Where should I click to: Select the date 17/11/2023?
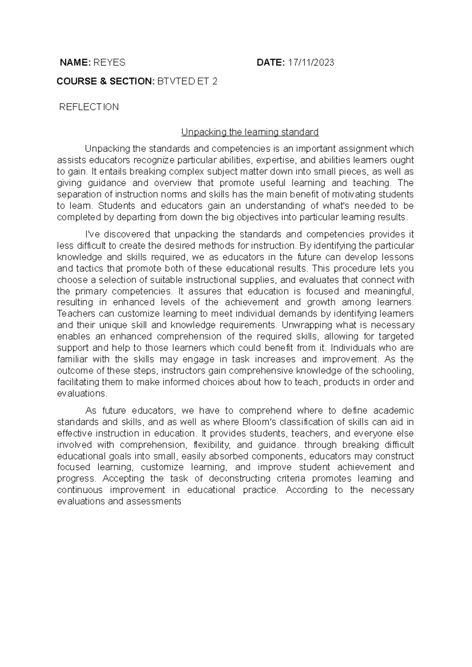pyautogui.click(x=311, y=63)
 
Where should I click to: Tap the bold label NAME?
pyautogui.click(x=75, y=63)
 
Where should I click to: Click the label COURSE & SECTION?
pyautogui.click(x=105, y=81)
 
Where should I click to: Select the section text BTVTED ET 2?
pyautogui.click(x=187, y=81)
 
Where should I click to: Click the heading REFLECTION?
pyautogui.click(x=88, y=107)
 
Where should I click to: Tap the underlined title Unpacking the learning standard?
pyautogui.click(x=250, y=132)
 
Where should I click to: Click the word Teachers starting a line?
pyautogui.click(x=74, y=314)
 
